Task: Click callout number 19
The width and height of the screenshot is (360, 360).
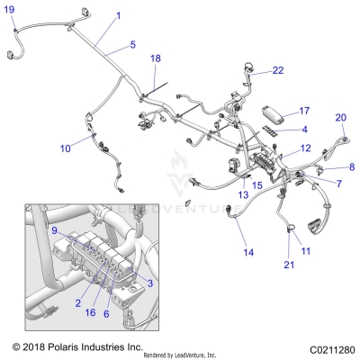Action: (x=10, y=9)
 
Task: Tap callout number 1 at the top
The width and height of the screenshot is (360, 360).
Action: (x=118, y=16)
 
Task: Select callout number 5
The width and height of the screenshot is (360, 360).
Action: (x=132, y=44)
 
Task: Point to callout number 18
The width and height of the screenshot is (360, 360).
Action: (x=155, y=58)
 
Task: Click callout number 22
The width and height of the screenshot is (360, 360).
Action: (x=277, y=69)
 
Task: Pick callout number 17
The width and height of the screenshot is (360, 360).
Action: (x=303, y=111)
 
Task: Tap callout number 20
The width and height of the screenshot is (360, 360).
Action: (x=340, y=117)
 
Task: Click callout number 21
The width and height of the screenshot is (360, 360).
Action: (x=288, y=264)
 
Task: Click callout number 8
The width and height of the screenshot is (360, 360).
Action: (x=351, y=166)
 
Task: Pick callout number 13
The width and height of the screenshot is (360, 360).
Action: (x=242, y=193)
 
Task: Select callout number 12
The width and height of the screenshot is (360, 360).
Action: (x=305, y=148)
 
